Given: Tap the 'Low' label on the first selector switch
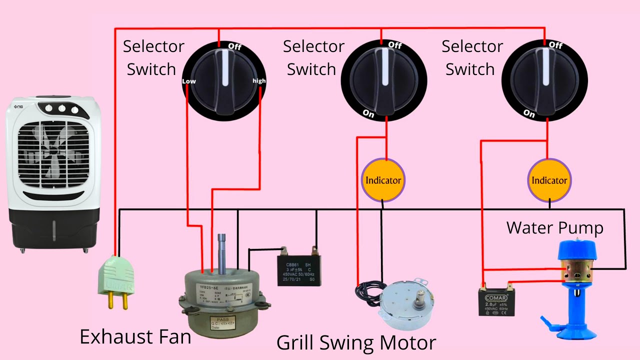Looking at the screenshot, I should [189, 81].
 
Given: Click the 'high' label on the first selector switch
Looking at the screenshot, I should [259, 81].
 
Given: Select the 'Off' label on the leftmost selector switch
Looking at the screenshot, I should [234, 46].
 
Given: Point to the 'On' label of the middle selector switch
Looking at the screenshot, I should [368, 114].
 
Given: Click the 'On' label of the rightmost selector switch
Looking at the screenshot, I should [529, 114].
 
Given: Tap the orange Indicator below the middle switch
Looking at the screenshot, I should [383, 180].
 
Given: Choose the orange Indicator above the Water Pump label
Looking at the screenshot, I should [549, 180].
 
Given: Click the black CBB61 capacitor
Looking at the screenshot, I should [299, 270].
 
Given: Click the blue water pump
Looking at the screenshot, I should [575, 280].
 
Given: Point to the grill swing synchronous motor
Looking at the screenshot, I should [405, 300].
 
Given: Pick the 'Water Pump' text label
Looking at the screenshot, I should [554, 228].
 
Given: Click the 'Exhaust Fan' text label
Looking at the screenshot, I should [135, 337].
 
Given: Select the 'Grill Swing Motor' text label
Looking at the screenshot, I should [356, 343].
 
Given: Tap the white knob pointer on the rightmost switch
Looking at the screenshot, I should [546, 70].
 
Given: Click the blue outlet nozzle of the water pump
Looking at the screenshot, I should [547, 320].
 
